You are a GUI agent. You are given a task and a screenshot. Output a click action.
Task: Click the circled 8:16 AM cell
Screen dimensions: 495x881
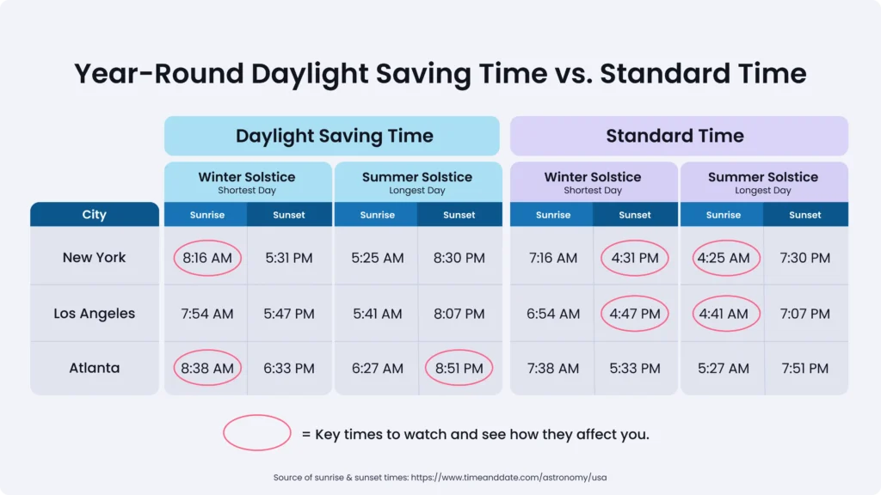tap(206, 258)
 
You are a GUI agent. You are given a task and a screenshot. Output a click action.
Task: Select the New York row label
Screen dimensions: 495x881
tap(94, 257)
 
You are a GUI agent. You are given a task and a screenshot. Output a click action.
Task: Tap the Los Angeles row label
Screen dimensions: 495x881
tap(94, 314)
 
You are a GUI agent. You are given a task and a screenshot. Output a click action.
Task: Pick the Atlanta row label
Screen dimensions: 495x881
tap(94, 368)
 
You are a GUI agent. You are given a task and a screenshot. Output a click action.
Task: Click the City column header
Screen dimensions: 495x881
tap(94, 214)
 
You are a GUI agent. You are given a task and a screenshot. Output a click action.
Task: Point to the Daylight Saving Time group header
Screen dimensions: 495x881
tap(334, 136)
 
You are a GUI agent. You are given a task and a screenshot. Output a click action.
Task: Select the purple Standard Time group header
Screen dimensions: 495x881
tap(675, 136)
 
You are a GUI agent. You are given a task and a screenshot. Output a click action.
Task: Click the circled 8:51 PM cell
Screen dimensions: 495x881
tap(459, 368)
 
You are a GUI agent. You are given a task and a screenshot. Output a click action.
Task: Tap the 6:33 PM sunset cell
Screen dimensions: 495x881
tap(289, 368)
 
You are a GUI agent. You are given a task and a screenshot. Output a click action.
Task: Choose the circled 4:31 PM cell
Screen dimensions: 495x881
tap(635, 258)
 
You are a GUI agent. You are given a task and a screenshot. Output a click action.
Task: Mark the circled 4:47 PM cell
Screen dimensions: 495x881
tap(635, 314)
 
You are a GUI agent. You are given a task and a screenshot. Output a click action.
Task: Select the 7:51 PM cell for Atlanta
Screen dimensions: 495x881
tap(805, 368)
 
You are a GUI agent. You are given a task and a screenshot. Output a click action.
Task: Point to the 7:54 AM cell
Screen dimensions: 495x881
tap(206, 314)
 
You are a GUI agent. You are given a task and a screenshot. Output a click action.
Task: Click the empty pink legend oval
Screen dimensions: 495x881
tap(257, 433)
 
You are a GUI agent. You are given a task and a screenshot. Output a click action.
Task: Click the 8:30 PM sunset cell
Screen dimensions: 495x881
tap(459, 258)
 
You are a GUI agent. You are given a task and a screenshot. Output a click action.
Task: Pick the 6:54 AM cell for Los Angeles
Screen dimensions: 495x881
tap(553, 314)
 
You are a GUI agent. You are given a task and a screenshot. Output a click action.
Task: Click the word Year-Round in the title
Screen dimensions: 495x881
tap(158, 73)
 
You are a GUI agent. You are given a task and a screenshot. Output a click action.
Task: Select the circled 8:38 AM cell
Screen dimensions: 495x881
tap(206, 368)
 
